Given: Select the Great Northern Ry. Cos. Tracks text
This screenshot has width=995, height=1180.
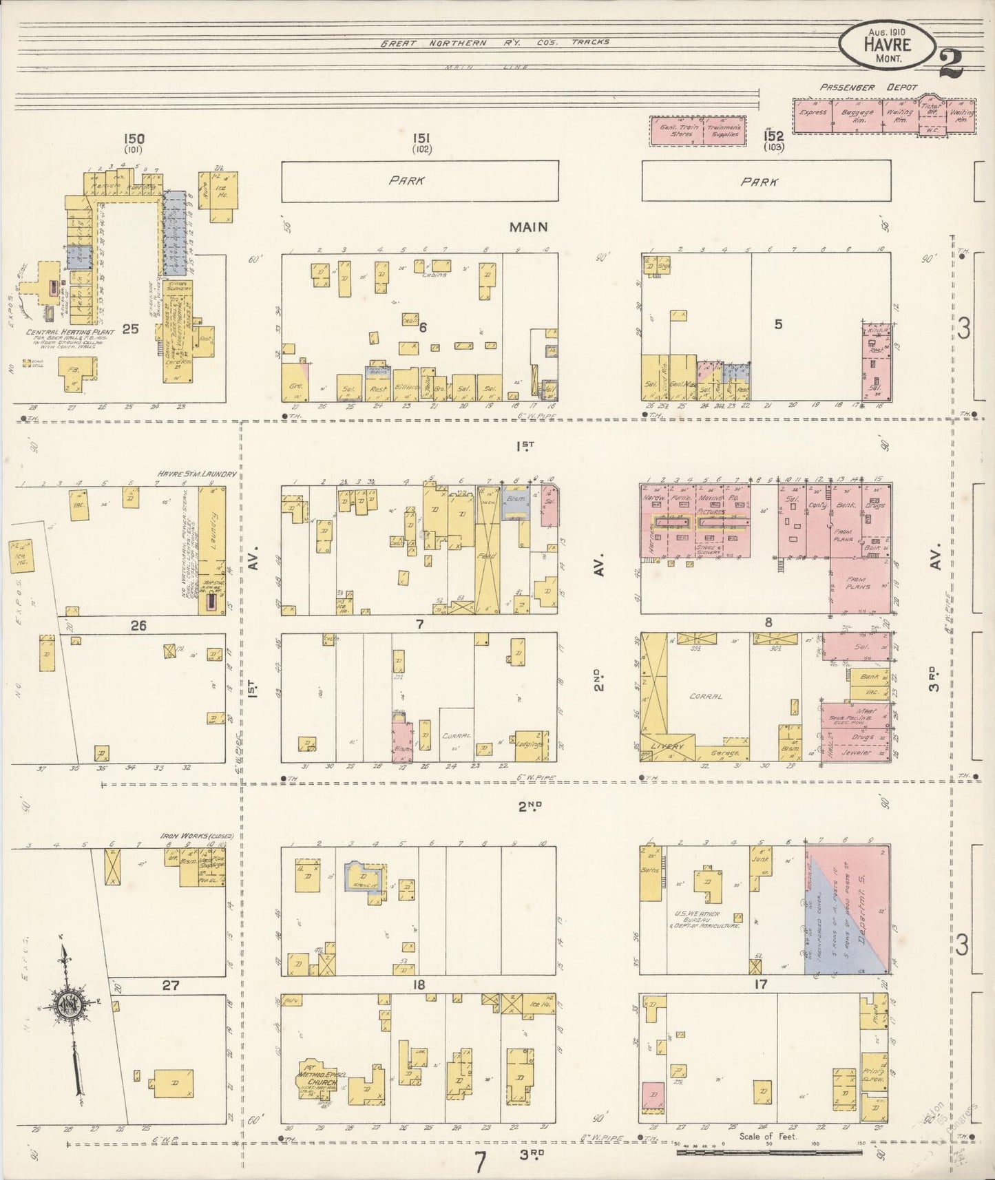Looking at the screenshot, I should [496, 42].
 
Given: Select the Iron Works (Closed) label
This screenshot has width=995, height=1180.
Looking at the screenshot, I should [197, 836].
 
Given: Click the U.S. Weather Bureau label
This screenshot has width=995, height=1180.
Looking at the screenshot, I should [707, 919].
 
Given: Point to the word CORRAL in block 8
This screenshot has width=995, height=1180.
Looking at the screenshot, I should [706, 697].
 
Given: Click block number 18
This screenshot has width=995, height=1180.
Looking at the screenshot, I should [418, 985].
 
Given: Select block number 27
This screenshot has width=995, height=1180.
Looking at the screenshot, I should [170, 985].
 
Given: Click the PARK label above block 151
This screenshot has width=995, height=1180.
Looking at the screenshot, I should [406, 181].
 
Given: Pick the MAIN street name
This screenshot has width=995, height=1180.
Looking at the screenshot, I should [528, 226].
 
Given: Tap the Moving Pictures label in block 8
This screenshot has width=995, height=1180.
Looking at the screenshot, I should [711, 505].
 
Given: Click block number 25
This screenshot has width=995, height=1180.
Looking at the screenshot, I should [130, 329].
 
